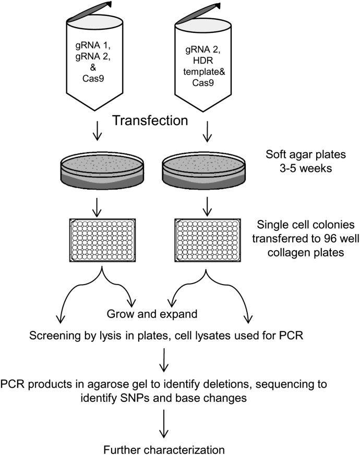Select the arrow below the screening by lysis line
164,359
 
